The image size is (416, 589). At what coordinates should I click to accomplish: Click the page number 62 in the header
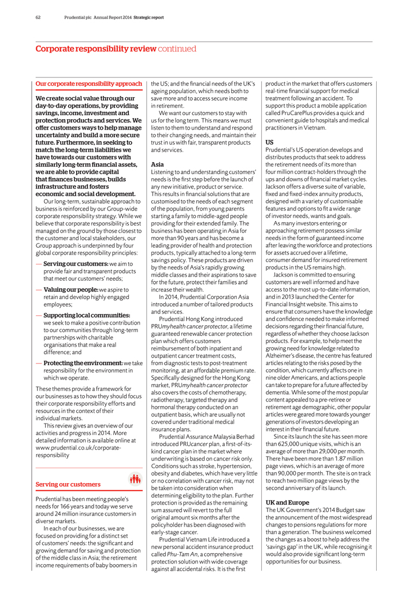38,18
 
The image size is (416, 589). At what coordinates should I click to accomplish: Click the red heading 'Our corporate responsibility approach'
89,84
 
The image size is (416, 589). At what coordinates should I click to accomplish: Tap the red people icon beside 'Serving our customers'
134,478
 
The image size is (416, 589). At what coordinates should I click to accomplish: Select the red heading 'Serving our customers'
68,484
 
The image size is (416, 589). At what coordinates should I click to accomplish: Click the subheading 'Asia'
157,164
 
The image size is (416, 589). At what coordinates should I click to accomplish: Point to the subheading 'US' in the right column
269,142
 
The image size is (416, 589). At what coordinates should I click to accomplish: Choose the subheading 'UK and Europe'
287,502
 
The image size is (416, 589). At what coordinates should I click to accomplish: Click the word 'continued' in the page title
177,49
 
